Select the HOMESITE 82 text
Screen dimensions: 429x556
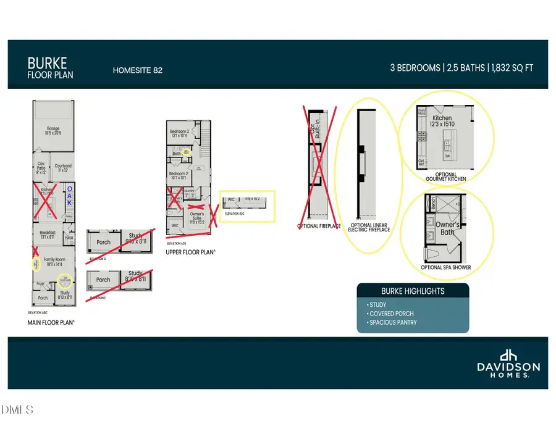point(137,70)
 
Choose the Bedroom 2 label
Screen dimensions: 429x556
point(179,175)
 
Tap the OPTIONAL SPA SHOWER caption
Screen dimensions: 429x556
point(445,267)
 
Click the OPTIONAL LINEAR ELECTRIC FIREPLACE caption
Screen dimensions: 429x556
point(369,228)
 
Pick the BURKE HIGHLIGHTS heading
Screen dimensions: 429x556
point(412,291)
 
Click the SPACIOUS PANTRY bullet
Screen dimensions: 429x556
point(392,323)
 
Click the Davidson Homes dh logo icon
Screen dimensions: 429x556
point(508,356)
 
